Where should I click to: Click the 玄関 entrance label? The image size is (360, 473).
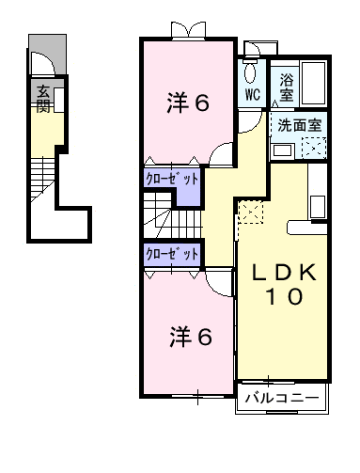[44, 98]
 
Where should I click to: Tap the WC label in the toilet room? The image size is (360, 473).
[253, 95]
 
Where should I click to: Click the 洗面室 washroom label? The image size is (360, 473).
[298, 123]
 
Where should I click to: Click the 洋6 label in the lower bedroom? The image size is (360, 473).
[188, 335]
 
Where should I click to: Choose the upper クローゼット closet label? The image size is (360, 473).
[172, 177]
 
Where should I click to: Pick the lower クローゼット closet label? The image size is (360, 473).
[172, 253]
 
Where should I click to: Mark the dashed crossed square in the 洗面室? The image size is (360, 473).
[312, 147]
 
